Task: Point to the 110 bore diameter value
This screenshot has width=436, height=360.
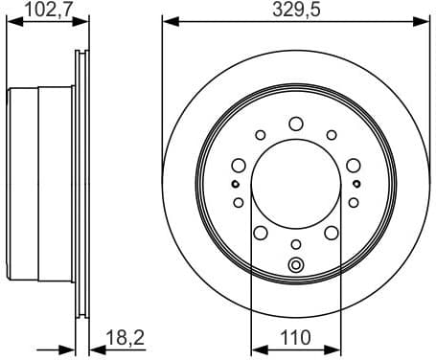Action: tap(295, 338)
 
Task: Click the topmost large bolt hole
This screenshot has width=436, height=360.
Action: tap(295, 123)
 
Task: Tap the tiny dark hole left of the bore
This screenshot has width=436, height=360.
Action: tap(235, 182)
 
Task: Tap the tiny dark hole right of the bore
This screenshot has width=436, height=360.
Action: tap(356, 182)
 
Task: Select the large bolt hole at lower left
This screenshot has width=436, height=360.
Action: tap(260, 233)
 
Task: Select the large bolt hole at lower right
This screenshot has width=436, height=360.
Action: tap(331, 233)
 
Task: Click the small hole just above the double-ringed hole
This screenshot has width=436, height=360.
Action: tap(295, 244)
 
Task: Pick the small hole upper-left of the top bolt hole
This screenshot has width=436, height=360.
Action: tap(260, 134)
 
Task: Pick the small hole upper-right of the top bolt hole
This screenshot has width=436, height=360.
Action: tap(331, 134)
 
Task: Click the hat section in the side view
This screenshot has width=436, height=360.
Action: tap(38, 182)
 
